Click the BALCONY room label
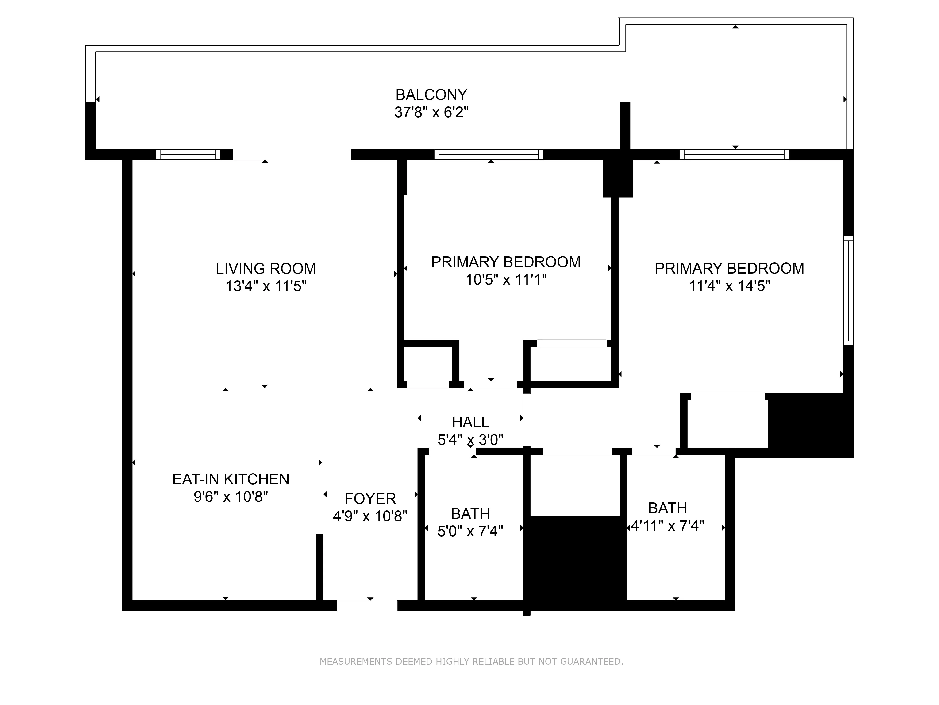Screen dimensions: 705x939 coord(431,94)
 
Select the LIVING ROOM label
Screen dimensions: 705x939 coord(266,269)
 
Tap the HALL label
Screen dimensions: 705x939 coord(470,422)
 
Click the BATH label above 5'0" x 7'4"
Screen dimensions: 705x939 coord(470,514)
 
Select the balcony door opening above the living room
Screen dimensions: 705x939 coord(292,154)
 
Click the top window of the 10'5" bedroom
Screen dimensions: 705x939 coord(489,154)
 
